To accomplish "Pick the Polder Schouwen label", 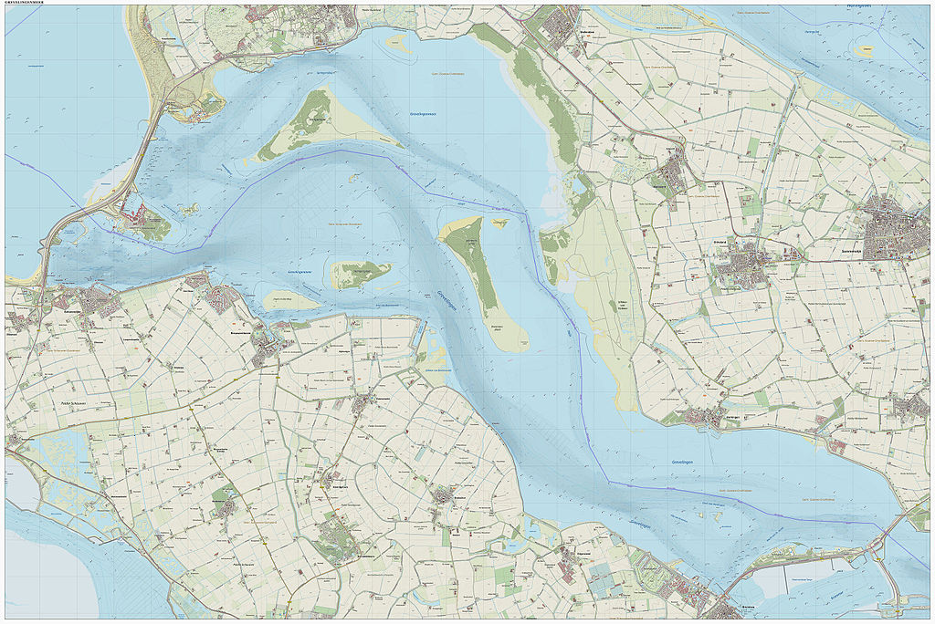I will click(x=79, y=400).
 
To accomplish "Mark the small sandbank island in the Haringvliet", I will click(x=864, y=52).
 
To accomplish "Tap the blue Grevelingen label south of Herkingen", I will click(x=685, y=463).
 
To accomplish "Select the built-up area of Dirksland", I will click(x=740, y=269).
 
